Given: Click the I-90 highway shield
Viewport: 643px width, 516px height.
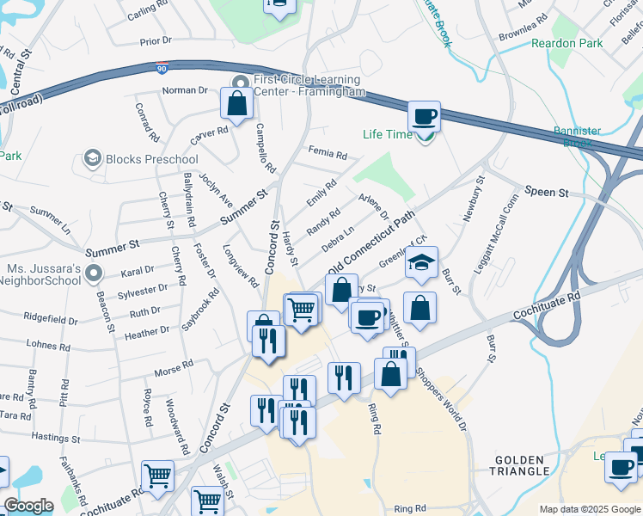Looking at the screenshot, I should (x=162, y=67).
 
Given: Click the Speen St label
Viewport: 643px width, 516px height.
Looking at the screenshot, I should (x=548, y=193).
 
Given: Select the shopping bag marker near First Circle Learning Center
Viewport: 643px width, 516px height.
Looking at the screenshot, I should (x=236, y=104).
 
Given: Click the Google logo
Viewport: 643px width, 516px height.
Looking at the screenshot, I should (x=28, y=506).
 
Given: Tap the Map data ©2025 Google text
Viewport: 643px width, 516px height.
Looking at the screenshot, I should (x=589, y=509).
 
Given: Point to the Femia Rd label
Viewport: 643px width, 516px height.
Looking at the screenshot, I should (x=327, y=156).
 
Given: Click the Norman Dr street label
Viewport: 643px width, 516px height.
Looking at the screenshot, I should (x=185, y=89).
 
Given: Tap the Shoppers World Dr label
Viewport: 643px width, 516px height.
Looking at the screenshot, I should (x=440, y=399).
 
